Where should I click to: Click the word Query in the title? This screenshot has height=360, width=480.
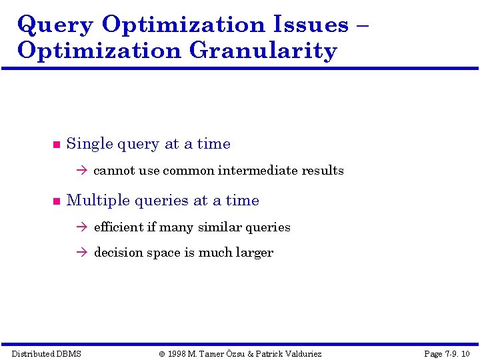tap(55, 25)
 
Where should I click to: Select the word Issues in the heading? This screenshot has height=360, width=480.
tap(311, 25)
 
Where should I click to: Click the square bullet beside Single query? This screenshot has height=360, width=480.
tap(56, 145)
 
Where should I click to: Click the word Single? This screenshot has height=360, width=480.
tap(90, 144)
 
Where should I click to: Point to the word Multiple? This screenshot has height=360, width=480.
tap(98, 201)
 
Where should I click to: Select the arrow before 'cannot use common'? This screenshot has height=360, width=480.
tap(82, 171)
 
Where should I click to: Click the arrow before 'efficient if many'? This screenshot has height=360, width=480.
tap(82, 227)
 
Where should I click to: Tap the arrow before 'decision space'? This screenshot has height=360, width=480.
tap(82, 253)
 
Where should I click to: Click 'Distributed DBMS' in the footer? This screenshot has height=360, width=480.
tap(47, 353)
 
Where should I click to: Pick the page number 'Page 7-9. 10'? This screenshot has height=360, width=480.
tap(447, 353)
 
